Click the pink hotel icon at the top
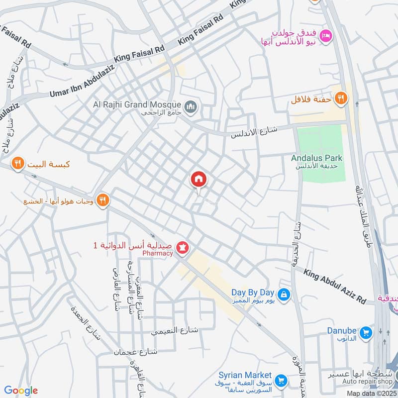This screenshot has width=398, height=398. pos(326,35)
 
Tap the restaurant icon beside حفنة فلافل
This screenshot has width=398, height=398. pos(340,98)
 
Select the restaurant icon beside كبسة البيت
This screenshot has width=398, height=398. pos(18,163)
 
